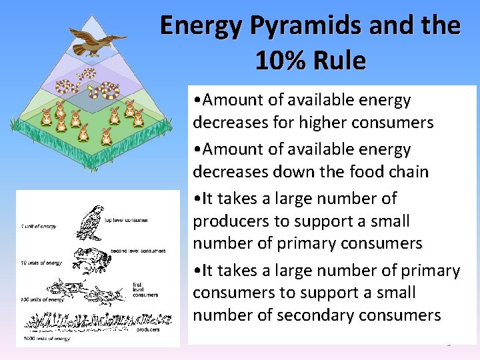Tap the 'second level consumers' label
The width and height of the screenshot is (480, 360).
tap(139, 251)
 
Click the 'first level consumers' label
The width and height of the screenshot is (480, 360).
tap(146, 289)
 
